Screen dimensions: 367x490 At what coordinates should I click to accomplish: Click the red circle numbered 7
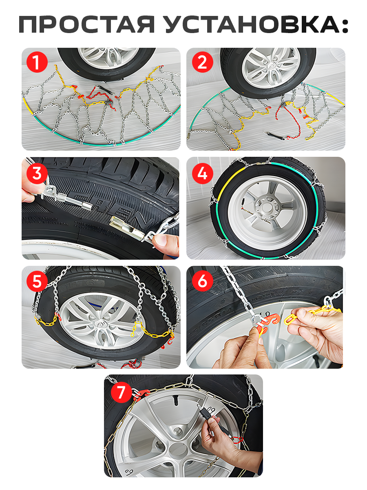tap(121, 393)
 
